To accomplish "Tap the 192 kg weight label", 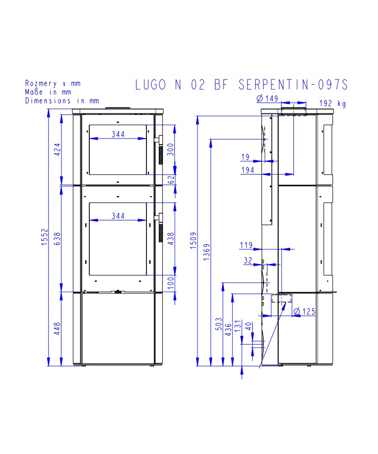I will [333, 104].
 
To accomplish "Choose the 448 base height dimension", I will [58, 329].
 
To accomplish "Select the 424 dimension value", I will [58, 150].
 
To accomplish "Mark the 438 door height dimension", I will [171, 239].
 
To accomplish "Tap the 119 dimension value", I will [246, 245].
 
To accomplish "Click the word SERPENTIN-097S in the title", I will [293, 85].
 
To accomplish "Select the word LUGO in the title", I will [151, 85].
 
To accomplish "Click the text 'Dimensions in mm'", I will [62, 100].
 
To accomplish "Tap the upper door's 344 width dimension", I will [118, 134].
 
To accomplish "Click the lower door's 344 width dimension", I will [118, 216].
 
